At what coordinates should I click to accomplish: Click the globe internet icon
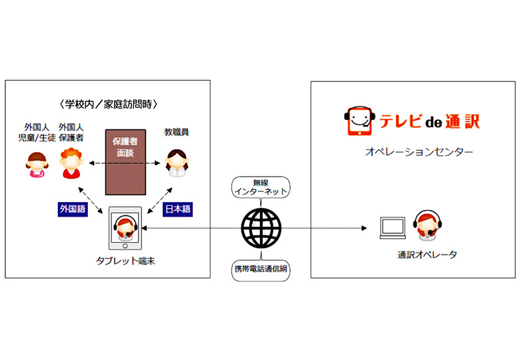point(261,228)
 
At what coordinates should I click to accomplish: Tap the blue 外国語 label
point(73,209)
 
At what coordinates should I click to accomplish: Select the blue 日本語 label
point(178,209)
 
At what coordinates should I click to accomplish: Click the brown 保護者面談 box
point(125,162)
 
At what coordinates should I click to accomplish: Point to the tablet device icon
point(125,228)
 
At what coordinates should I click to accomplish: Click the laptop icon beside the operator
point(393,228)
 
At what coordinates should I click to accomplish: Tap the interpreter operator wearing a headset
point(427,225)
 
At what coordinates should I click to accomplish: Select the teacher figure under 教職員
point(177,163)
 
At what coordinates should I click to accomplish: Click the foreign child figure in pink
point(37,165)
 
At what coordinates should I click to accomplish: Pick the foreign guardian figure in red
point(71,163)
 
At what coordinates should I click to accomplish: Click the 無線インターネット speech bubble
point(261,187)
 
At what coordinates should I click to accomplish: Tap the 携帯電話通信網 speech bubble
point(261,269)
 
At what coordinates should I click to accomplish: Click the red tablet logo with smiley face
point(359,121)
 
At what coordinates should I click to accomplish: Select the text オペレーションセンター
point(419,152)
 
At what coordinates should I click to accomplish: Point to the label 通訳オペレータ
point(427,255)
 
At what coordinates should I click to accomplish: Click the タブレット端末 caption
point(125,261)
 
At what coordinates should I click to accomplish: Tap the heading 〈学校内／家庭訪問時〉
point(108,105)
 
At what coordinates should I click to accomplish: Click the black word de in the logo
point(434,123)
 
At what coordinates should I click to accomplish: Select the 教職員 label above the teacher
point(177,132)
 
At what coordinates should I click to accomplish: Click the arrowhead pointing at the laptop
point(364,228)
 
